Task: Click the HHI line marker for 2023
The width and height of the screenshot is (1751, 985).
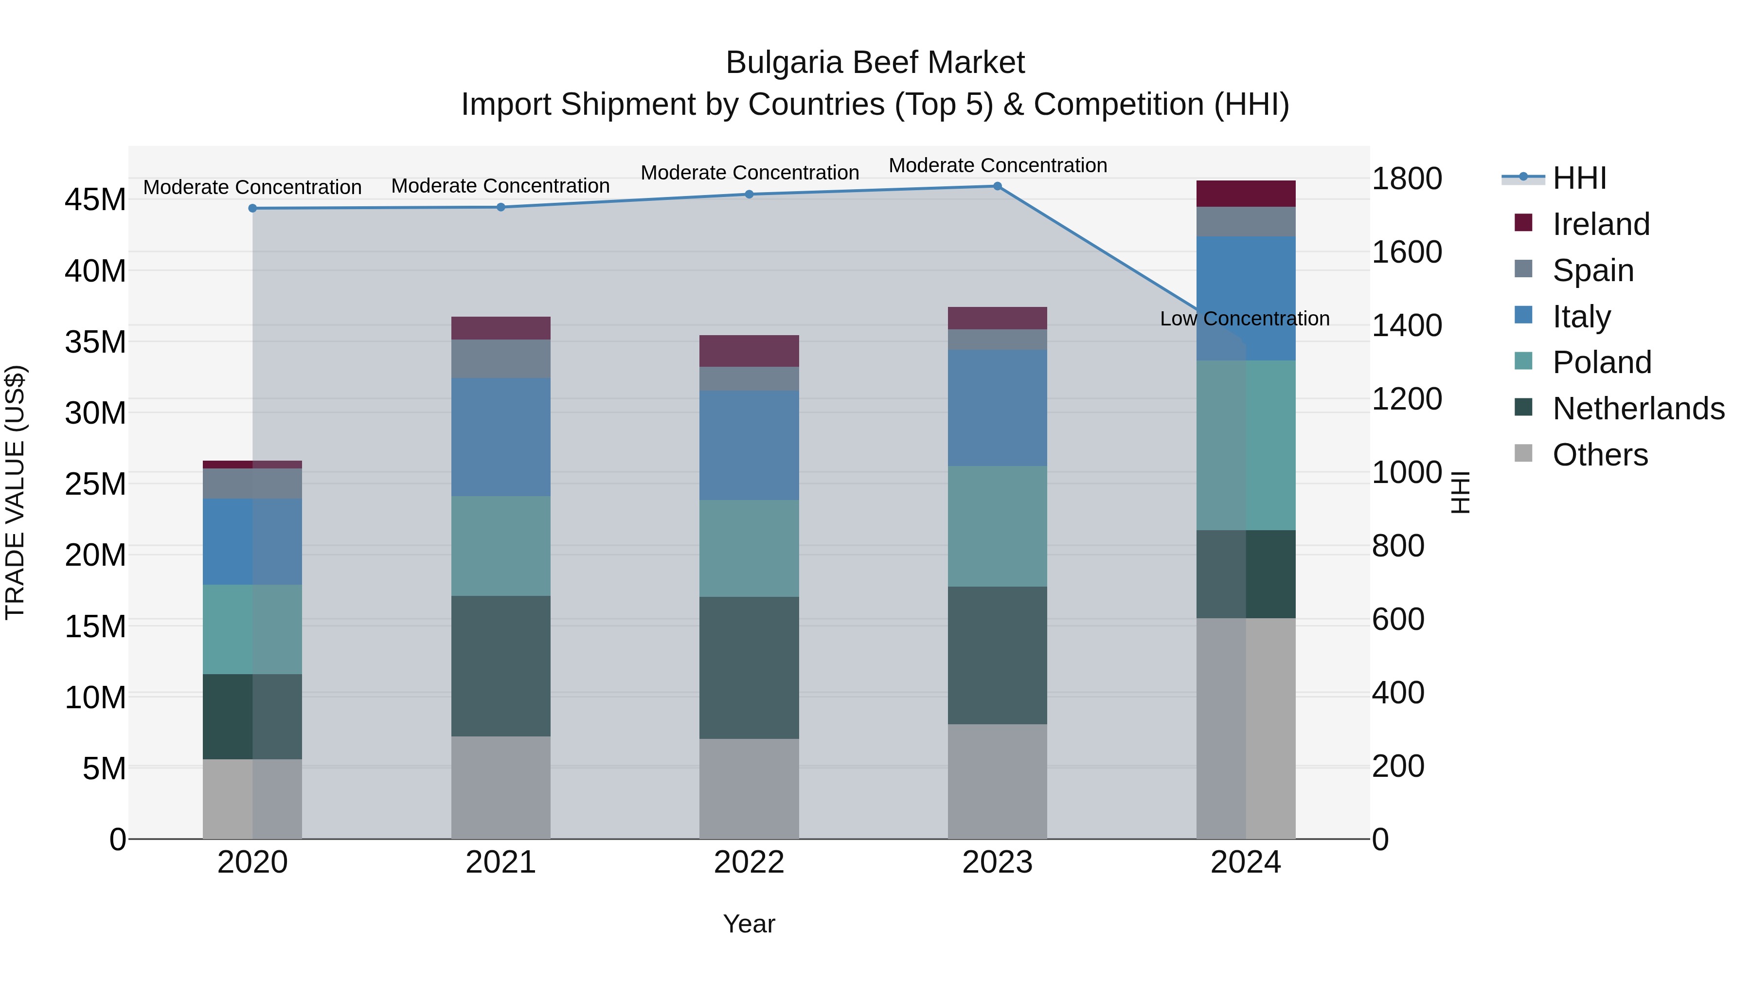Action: [997, 186]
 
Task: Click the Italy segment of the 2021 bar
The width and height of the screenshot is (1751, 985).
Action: [500, 437]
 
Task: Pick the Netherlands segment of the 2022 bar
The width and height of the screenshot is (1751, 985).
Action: [749, 667]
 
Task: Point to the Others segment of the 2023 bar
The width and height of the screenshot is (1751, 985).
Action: [997, 781]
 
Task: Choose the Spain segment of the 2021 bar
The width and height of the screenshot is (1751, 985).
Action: [500, 359]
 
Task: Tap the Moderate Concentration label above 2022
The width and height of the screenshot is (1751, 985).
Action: [749, 173]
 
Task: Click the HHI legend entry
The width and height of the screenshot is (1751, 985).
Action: [1578, 178]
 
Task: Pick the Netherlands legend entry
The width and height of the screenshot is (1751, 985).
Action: [1638, 409]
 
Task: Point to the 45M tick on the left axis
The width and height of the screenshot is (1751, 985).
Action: [95, 200]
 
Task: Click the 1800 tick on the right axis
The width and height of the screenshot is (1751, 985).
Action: [1406, 179]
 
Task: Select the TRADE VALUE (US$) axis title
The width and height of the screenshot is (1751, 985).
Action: [15, 492]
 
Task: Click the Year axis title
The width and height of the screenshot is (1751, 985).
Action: [749, 924]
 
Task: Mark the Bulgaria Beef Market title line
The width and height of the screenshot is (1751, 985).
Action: [875, 63]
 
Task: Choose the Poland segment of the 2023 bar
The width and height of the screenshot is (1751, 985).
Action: [997, 526]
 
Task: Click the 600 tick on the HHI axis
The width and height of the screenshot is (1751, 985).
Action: [1397, 619]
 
